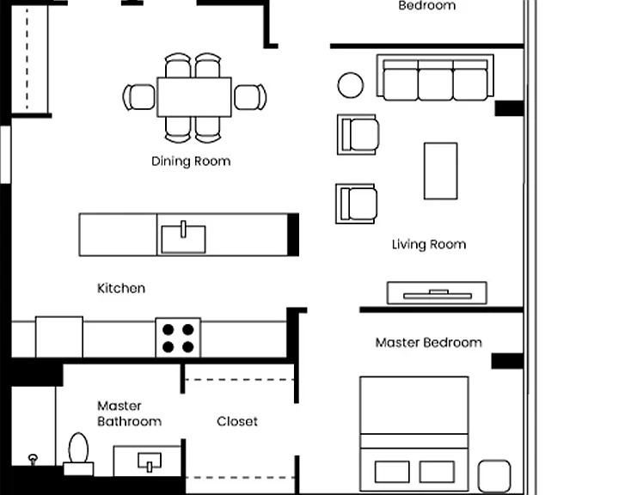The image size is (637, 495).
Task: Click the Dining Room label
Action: click(191, 162)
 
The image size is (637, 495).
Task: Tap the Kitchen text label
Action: click(121, 288)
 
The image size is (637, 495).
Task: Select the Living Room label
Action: click(429, 244)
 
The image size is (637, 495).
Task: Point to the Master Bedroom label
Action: click(429, 343)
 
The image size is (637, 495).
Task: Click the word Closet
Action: click(237, 421)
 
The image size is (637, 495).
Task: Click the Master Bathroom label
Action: click(129, 413)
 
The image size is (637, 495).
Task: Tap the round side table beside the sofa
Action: click(350, 85)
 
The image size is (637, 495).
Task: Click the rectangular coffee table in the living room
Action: click(441, 171)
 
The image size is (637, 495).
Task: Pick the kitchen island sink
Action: click(183, 239)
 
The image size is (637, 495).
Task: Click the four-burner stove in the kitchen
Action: click(178, 338)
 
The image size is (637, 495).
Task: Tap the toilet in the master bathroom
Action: click(78, 454)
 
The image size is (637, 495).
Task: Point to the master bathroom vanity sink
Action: click(150, 462)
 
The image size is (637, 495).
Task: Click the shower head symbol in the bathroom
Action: click(33, 459)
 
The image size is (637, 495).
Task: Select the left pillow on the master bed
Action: click(392, 472)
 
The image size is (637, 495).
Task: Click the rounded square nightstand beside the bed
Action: click(494, 476)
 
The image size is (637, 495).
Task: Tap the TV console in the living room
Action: click(437, 293)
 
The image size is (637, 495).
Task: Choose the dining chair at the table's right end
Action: click(250, 97)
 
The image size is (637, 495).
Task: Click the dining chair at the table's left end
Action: click(139, 97)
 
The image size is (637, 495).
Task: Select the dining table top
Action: click(194, 97)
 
